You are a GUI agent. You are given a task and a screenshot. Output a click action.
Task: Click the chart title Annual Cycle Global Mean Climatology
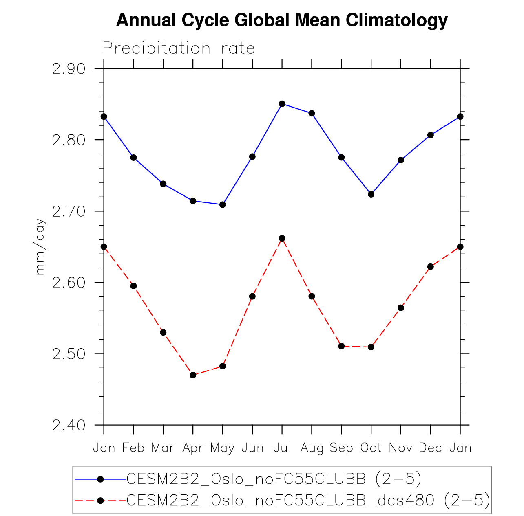pos(282,20)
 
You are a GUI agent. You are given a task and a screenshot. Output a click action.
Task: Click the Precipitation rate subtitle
pos(179,48)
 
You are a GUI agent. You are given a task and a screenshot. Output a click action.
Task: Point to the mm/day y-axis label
pos(40,248)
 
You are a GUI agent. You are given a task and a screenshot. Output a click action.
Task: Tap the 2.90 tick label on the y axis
pos(69,69)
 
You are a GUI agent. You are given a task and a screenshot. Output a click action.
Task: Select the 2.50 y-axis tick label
pos(69,354)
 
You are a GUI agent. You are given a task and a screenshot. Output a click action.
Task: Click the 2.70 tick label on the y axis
pos(69,211)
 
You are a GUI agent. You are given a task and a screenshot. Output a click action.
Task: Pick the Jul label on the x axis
pos(282,448)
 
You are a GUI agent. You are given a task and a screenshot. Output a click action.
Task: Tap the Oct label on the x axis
pos(371,448)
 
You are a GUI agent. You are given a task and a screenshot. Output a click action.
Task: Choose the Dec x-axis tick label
pos(430,448)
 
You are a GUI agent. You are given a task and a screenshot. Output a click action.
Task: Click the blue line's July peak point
pos(282,104)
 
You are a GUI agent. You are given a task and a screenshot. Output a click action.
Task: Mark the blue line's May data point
pos(223,204)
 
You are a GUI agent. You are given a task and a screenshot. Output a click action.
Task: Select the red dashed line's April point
pos(193,375)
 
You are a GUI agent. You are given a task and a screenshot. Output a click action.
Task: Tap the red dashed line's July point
pos(282,238)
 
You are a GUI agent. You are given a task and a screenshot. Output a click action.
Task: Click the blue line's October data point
pos(371,194)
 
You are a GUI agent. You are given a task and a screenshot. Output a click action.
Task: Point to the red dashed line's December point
pos(431,267)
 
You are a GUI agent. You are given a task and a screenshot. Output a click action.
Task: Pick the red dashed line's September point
pos(342,346)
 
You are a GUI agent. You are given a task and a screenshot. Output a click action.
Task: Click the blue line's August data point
pos(312,113)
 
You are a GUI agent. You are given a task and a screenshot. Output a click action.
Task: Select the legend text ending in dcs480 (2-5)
pos(308,500)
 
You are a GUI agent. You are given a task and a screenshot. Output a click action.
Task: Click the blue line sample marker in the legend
pos(101,479)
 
